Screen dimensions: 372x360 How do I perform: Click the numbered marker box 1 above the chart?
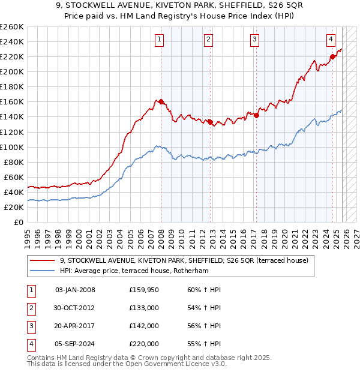pyautogui.click(x=160, y=40)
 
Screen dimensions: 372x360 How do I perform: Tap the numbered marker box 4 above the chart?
pyautogui.click(x=331, y=40)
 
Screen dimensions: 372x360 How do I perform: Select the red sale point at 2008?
pyautogui.click(x=161, y=101)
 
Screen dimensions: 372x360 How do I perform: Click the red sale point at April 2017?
pyautogui.click(x=256, y=115)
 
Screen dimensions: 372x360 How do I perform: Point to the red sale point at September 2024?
pyautogui.click(x=332, y=56)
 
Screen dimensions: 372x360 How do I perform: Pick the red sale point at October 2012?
pyautogui.click(x=210, y=122)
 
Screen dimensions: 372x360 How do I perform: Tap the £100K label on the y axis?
pyautogui.click(x=12, y=147)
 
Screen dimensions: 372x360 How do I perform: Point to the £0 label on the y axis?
pyautogui.click(x=18, y=222)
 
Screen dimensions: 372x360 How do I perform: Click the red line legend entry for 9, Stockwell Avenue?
pyautogui.click(x=184, y=260)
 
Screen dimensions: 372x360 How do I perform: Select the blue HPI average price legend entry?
pyautogui.click(x=141, y=271)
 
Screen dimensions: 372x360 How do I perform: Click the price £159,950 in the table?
pyautogui.click(x=144, y=290)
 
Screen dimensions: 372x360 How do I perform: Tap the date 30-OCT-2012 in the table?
pyautogui.click(x=74, y=308)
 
